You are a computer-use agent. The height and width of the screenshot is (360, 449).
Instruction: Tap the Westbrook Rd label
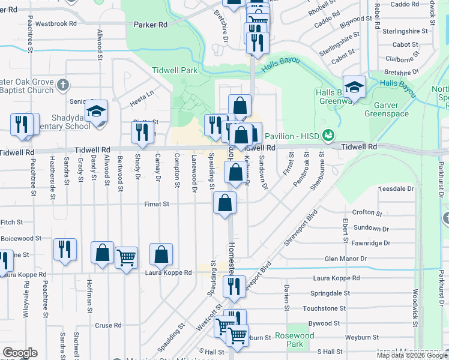pyautogui.click(x=56, y=24)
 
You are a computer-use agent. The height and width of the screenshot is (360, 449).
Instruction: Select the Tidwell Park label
pyautogui.click(x=175, y=70)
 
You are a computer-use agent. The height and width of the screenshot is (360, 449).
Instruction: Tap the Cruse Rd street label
pyautogui.click(x=108, y=325)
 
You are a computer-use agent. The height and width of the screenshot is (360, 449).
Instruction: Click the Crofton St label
pyautogui.click(x=367, y=212)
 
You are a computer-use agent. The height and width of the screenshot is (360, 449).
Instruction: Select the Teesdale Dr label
pyautogui.click(x=396, y=188)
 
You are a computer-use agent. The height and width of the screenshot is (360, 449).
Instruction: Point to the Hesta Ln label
pyautogui.click(x=142, y=94)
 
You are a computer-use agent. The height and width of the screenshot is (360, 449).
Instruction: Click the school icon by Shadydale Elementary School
pyautogui.click(x=96, y=112)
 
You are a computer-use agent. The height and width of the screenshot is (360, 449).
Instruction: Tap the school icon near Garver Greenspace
pyautogui.click(x=354, y=88)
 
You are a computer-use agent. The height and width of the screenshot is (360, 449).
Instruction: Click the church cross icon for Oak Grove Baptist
pyautogui.click(x=64, y=84)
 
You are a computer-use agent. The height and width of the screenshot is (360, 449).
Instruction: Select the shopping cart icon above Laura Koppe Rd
pyautogui.click(x=126, y=259)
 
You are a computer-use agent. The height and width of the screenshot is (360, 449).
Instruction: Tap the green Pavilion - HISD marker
pyautogui.click(x=328, y=135)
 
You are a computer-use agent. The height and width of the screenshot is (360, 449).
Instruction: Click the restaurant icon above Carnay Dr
pyautogui.click(x=142, y=132)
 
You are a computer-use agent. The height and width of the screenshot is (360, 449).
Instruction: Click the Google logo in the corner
pyautogui.click(x=20, y=353)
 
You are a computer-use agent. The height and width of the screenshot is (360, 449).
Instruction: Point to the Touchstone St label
pyautogui.click(x=324, y=308)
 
